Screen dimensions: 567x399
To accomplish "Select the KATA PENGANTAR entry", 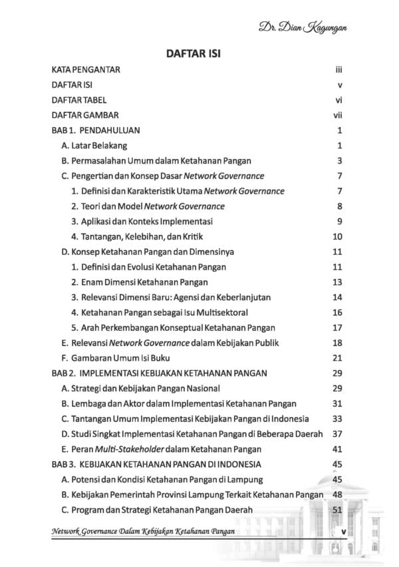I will (x=86, y=69).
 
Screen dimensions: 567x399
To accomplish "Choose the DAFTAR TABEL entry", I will (x=78, y=100).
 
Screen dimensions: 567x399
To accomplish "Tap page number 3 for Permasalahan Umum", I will (x=339, y=160).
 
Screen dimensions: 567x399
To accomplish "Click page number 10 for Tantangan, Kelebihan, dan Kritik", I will (x=337, y=237).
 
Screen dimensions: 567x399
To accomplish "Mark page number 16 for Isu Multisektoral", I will (x=337, y=312).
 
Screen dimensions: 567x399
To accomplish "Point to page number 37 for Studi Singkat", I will (x=337, y=434).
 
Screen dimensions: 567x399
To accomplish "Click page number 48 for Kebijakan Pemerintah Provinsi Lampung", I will (x=337, y=495).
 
